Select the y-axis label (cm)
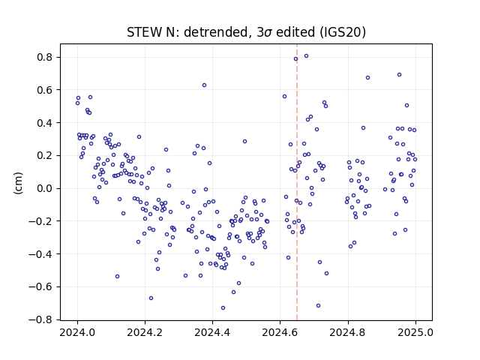click(x=18, y=183)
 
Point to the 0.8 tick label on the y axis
click(x=45, y=57)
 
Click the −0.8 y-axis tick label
click(x=41, y=319)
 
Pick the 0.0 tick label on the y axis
click(x=45, y=188)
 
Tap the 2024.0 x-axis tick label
click(x=77, y=332)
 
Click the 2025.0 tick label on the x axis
click(x=415, y=332)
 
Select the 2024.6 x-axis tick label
click(x=280, y=332)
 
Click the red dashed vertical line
click(x=297, y=182)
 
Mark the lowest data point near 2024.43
click(x=223, y=307)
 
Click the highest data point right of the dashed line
click(x=306, y=55)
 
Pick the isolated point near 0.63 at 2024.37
click(x=204, y=85)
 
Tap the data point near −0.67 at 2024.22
click(x=151, y=298)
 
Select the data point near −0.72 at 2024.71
click(x=318, y=305)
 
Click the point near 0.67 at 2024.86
click(x=367, y=77)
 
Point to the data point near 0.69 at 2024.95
click(x=399, y=74)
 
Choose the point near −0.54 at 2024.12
click(x=117, y=276)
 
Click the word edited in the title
click(x=295, y=32)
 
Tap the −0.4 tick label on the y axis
click(x=41, y=253)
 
